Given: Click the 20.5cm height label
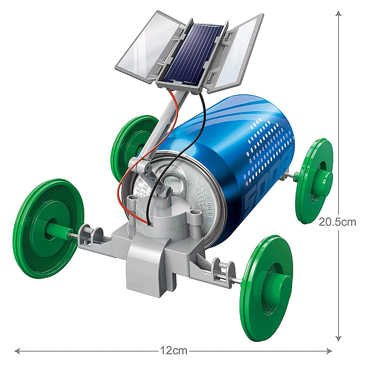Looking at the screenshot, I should pos(337,222).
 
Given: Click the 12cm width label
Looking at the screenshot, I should pos(174,350).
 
